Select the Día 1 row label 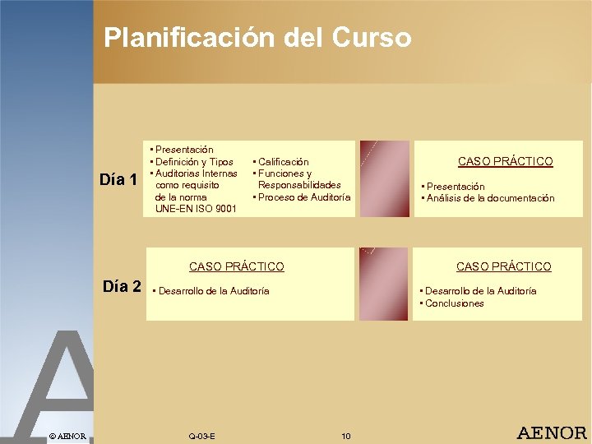[118, 178]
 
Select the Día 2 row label [123, 286]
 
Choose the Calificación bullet [283, 162]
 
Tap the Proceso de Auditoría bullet [303, 197]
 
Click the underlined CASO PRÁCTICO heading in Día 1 [505, 161]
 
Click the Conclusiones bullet [454, 303]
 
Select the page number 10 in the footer [345, 435]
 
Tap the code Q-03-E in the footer [201, 435]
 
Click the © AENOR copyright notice [67, 435]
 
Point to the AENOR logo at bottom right [551, 432]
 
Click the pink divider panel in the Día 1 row [384, 178]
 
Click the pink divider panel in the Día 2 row [384, 284]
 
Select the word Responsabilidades [299, 185]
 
